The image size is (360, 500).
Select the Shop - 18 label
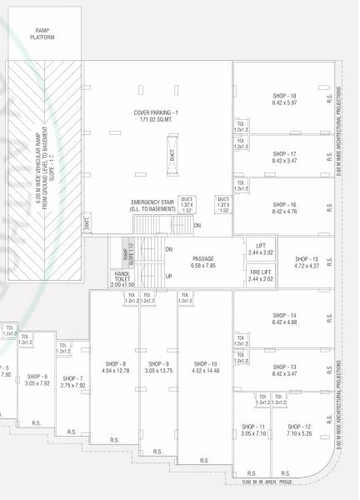point(284,96)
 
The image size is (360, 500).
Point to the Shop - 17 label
point(284,154)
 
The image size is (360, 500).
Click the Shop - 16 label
point(284,204)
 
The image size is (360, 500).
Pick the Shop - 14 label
point(284,316)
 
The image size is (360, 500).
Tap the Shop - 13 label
point(284,367)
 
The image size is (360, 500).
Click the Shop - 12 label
point(298,426)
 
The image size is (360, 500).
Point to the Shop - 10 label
point(205,364)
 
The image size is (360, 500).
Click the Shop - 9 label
point(158,364)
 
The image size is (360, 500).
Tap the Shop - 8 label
point(115,364)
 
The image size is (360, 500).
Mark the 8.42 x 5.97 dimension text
point(284,102)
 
